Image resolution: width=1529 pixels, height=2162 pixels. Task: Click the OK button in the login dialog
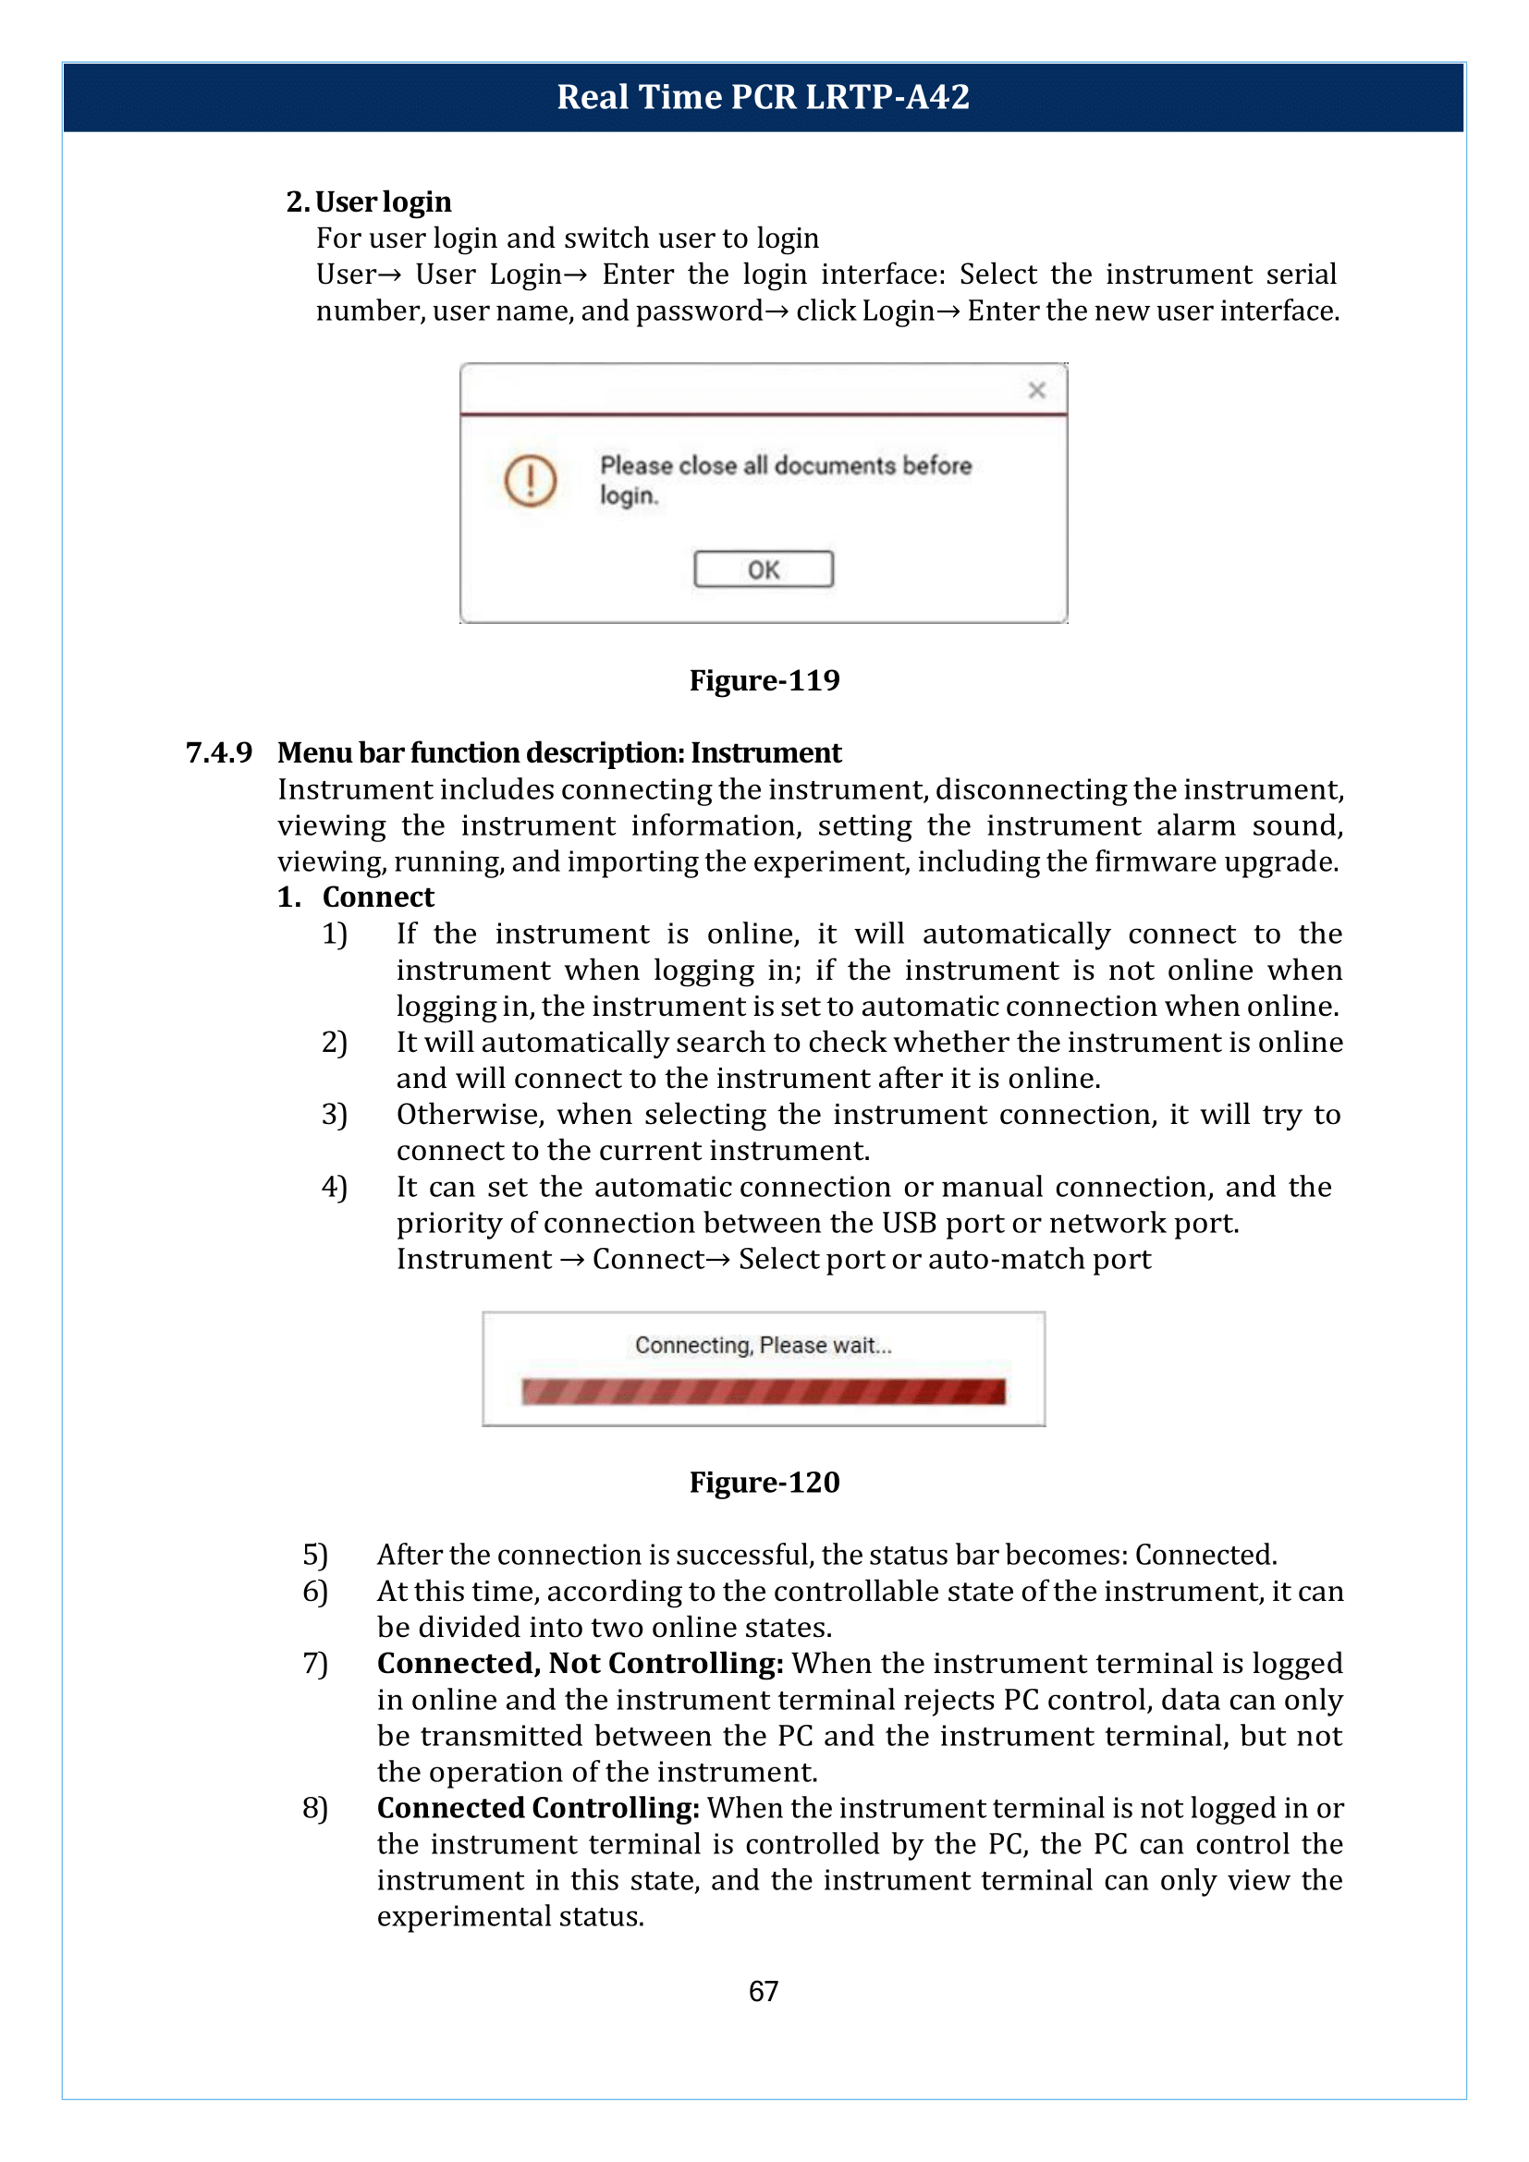(x=763, y=568)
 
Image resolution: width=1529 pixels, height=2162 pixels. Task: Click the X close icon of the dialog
(x=1036, y=390)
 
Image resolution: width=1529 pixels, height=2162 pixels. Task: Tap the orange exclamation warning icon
(x=530, y=481)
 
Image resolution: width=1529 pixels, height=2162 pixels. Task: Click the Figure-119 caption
(x=764, y=680)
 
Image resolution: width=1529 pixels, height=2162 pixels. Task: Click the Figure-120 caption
(x=764, y=1482)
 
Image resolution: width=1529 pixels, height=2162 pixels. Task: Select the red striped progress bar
(x=763, y=1391)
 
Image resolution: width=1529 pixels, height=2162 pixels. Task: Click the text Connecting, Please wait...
(x=763, y=1345)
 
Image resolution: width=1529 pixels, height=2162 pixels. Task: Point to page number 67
(x=763, y=1991)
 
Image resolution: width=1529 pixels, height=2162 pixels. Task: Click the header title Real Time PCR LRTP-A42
(x=763, y=97)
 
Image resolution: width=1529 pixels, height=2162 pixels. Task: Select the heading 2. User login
(x=368, y=202)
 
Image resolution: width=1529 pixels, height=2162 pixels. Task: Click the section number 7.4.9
(x=218, y=752)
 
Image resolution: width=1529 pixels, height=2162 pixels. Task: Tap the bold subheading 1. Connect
(x=356, y=897)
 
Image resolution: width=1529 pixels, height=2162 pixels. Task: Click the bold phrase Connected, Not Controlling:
(x=580, y=1663)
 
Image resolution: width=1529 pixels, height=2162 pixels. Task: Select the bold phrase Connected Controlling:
(x=538, y=1807)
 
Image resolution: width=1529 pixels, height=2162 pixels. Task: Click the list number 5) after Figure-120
(x=314, y=1555)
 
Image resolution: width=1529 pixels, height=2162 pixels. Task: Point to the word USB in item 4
(x=909, y=1222)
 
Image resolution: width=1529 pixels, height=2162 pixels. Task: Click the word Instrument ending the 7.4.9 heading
(x=765, y=752)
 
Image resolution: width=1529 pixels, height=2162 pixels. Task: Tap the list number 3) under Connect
(x=335, y=1115)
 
